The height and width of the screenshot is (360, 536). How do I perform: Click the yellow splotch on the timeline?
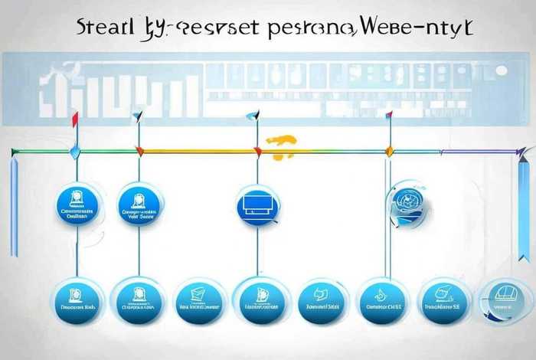click(x=282, y=142)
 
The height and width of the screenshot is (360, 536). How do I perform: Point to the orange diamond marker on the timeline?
click(x=389, y=152)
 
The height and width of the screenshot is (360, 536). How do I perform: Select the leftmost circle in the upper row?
click(x=77, y=205)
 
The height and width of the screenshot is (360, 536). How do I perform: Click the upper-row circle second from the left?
click(x=139, y=205)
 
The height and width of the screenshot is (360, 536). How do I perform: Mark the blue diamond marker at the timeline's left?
click(x=75, y=152)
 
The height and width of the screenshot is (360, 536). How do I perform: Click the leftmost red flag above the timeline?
click(x=74, y=119)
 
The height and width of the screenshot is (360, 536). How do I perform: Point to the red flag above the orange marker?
click(x=389, y=116)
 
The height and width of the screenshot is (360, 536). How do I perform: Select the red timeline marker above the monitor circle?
click(x=257, y=152)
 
